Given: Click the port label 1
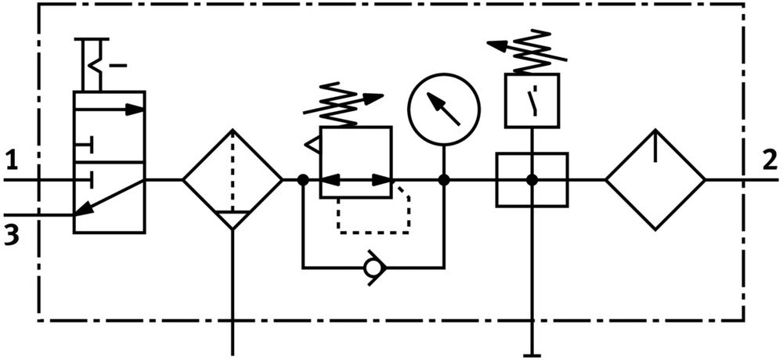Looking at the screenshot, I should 11,162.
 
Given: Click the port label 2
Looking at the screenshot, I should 770,160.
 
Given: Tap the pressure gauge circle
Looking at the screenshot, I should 444,110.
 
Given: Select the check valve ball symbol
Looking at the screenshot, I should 373,268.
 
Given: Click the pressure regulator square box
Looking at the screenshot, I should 355,162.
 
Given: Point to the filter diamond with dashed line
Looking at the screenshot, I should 232,179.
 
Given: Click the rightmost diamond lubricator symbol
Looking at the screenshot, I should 655,179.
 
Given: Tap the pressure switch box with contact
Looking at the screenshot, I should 532,100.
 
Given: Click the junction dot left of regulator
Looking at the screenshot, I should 302,179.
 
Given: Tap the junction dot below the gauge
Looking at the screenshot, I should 444,179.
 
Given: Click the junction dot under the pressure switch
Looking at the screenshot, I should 532,179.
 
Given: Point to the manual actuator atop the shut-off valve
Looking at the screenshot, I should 96,63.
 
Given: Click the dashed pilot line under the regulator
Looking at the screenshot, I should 373,232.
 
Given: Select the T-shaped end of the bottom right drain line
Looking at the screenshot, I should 532,351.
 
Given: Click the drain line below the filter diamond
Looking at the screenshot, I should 233,297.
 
